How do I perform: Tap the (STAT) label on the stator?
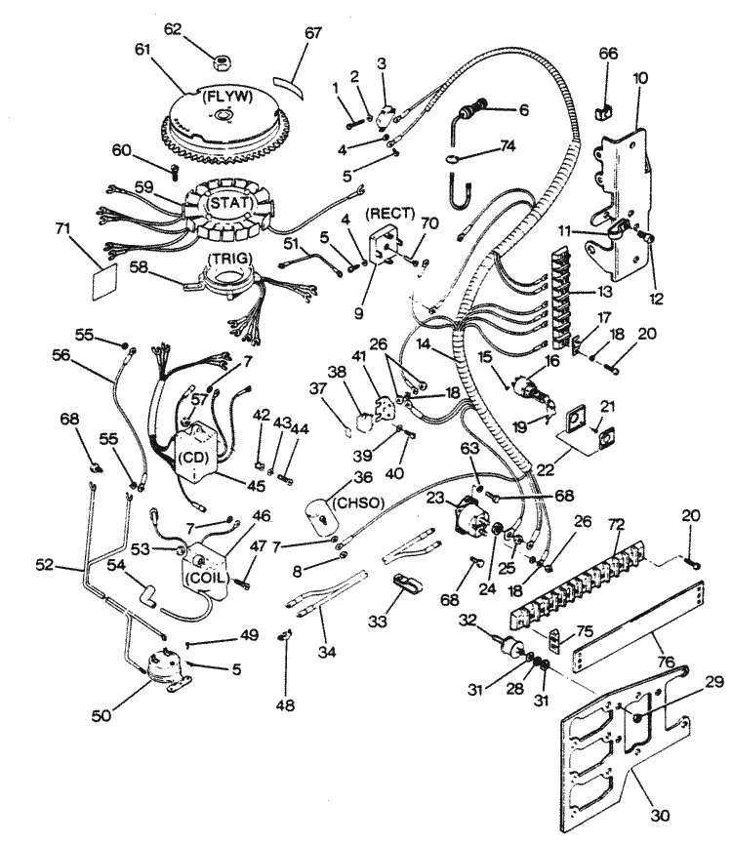click(230, 204)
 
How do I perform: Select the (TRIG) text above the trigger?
click(232, 256)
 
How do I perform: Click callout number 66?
click(608, 53)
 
